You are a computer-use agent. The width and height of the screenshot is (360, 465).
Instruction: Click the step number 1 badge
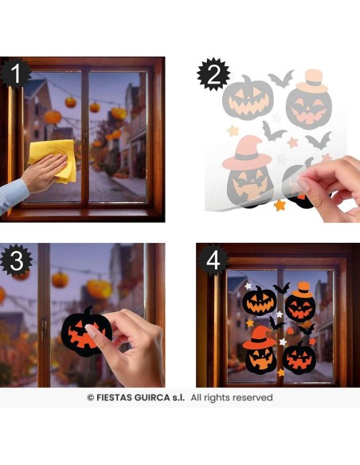point(15,73)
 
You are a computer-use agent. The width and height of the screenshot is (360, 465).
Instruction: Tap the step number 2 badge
point(213,74)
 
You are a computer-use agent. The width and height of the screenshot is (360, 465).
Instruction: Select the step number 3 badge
point(16,260)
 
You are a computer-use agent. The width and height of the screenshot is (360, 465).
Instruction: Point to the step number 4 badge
point(213,260)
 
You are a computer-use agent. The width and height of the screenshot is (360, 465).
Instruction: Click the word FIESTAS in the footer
point(114,397)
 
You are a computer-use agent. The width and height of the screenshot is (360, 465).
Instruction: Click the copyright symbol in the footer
point(91,397)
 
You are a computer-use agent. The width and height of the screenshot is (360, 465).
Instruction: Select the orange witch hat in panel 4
point(259,338)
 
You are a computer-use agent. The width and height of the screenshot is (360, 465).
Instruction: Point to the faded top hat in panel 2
point(312,80)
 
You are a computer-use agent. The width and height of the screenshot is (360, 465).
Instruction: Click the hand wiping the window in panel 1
point(45,171)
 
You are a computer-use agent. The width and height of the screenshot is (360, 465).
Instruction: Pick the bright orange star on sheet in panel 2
point(280,205)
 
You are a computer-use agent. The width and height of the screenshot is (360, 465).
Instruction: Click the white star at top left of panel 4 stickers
point(248,286)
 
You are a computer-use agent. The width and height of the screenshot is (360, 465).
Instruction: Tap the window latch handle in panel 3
point(44,329)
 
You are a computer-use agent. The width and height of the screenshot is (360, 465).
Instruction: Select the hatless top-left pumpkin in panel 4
point(260,301)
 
